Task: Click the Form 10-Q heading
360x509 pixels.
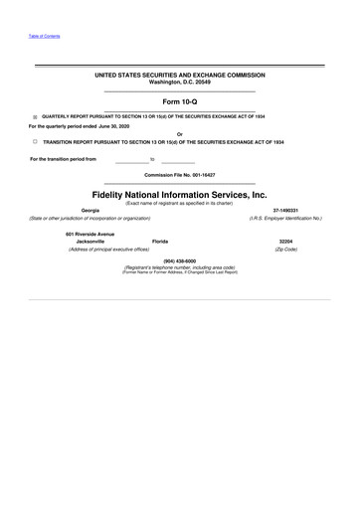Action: coord(180,101)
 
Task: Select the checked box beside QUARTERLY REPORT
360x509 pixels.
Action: coord(35,116)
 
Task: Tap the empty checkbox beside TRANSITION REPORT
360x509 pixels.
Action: coord(35,142)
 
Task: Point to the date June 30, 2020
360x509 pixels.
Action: coord(111,125)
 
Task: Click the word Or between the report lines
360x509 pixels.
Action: coord(179,134)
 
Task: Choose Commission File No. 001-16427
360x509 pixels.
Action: coord(180,175)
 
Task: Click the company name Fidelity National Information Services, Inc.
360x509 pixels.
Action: coord(180,195)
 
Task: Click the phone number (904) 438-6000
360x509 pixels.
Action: coord(179,260)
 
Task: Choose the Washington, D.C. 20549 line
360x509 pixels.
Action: coord(180,82)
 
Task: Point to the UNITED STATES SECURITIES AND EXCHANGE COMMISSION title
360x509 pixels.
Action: coord(180,75)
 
